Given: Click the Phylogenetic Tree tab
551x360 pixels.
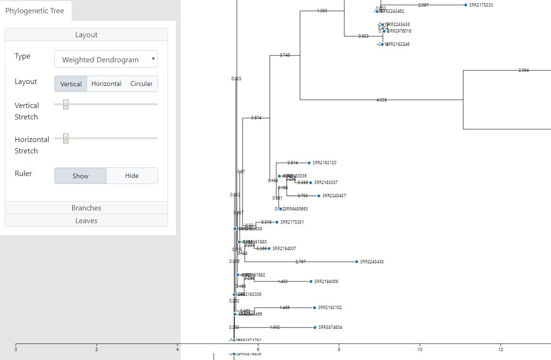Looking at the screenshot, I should click(x=34, y=11).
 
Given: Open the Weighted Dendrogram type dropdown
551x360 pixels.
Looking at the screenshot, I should click(x=106, y=59).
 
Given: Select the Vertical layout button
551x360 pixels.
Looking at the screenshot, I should click(x=71, y=84).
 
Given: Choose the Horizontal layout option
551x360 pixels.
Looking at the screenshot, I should click(x=106, y=84).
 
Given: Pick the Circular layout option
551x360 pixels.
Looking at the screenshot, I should click(x=142, y=84).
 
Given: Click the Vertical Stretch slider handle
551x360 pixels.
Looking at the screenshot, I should click(x=66, y=104).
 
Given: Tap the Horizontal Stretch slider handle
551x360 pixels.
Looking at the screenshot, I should click(x=66, y=138).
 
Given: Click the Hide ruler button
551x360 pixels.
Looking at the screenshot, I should click(x=132, y=176).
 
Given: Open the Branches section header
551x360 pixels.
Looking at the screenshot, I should click(x=86, y=208).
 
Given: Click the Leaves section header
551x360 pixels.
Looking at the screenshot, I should click(x=86, y=221).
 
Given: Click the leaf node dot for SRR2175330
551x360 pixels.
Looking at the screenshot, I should click(x=466, y=5).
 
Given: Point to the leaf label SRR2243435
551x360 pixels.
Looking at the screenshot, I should click(x=372, y=262).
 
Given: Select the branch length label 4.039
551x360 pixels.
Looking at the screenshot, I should click(x=382, y=100).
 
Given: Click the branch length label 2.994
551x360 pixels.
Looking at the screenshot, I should click(x=523, y=70).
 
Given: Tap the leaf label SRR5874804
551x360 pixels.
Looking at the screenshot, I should click(x=330, y=327).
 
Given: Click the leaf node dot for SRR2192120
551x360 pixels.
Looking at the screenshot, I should click(x=309, y=163).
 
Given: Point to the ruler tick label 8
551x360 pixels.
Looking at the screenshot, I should click(x=339, y=350).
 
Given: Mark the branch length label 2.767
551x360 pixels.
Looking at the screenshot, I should click(x=301, y=262).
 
